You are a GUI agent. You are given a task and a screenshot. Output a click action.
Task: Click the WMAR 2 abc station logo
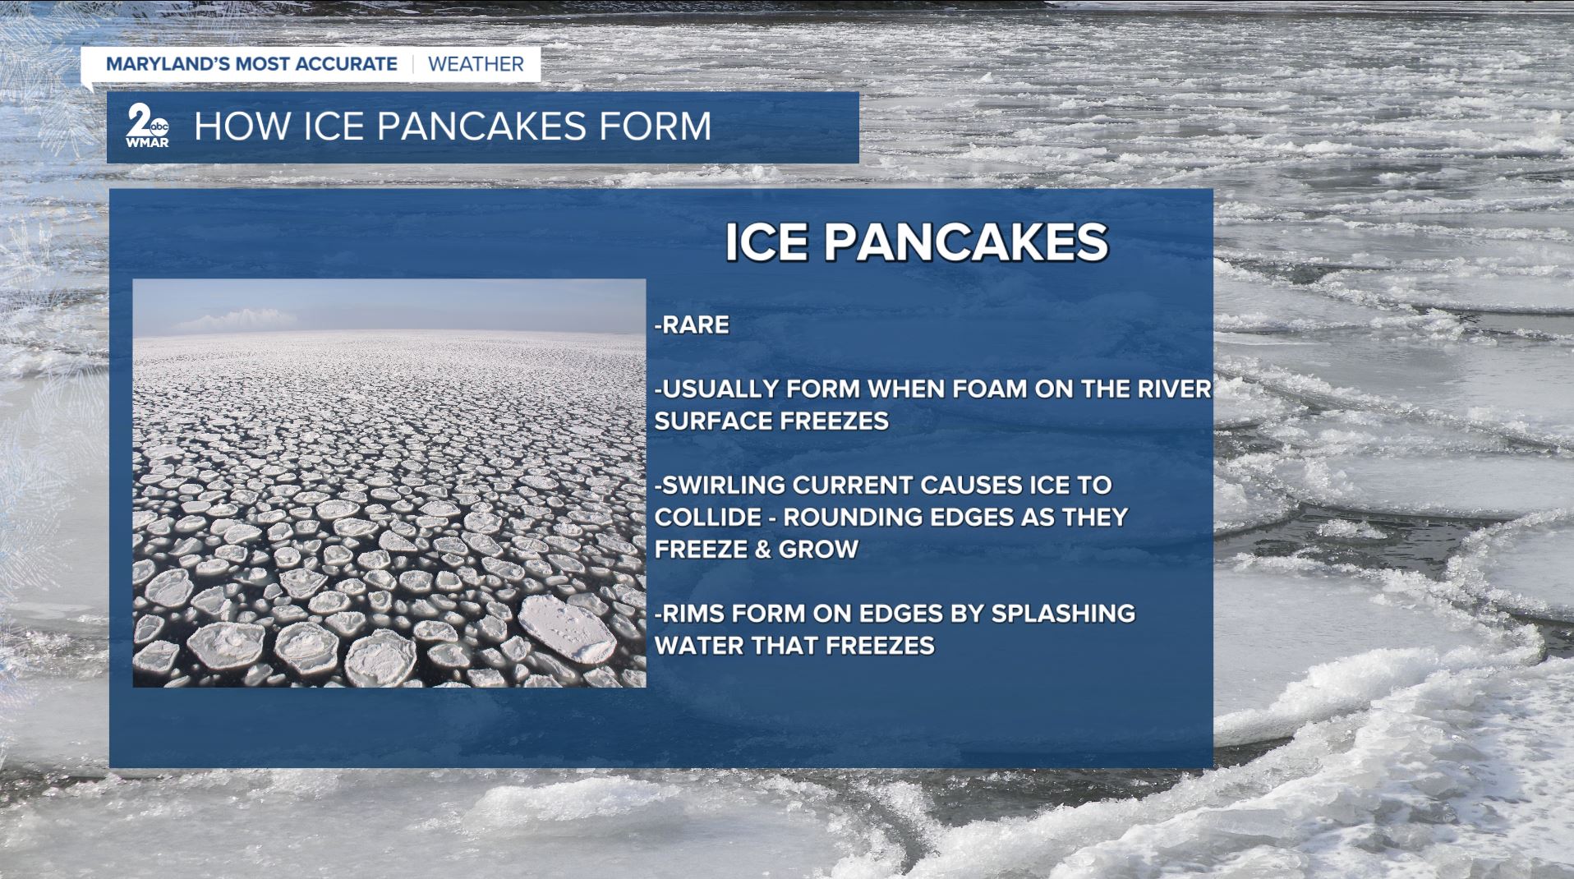pyautogui.click(x=148, y=126)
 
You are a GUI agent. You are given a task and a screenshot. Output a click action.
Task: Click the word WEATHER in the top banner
pyautogui.click(x=476, y=64)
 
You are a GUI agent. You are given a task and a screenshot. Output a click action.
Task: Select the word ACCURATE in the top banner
pyautogui.click(x=349, y=64)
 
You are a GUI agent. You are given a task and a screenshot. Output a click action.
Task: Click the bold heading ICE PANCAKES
pyautogui.click(x=917, y=242)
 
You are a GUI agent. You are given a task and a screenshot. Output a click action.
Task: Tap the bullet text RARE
pyautogui.click(x=692, y=324)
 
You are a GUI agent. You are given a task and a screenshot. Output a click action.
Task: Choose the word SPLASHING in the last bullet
pyautogui.click(x=1063, y=613)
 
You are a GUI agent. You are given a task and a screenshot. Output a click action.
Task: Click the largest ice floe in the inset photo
pyautogui.click(x=567, y=628)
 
